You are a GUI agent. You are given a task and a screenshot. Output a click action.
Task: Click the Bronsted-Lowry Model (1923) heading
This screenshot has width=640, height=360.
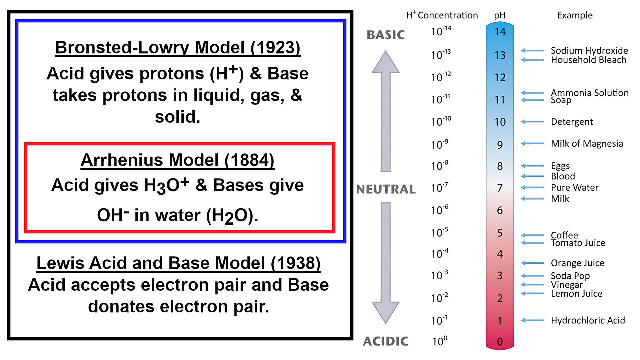178,47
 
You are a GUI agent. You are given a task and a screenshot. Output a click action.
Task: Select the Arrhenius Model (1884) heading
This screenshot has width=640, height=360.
177,160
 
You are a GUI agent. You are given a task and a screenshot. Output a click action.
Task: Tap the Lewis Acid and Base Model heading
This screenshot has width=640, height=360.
178,263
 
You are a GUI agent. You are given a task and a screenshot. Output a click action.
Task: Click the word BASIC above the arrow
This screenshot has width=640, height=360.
385,35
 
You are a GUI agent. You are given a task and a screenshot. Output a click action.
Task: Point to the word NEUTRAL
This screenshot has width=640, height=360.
385,189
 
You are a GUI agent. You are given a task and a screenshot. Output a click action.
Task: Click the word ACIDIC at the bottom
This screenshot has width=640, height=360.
385,342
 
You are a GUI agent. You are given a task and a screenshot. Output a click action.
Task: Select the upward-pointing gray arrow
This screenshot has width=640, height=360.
385,110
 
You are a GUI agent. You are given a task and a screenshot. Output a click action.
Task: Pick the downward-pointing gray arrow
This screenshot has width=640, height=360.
385,265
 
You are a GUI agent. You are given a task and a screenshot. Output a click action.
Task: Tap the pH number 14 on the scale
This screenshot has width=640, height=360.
500,32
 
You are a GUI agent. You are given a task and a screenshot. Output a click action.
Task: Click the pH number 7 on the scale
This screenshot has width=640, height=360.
500,188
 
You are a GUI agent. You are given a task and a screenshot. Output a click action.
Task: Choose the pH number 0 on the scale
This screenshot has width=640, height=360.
500,342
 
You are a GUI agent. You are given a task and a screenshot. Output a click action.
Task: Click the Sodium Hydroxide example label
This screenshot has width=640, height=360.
589,51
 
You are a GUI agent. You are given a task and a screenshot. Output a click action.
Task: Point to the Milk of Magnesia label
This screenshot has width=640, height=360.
587,144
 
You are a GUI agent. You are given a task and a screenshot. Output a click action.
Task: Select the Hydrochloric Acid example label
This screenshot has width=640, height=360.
588,320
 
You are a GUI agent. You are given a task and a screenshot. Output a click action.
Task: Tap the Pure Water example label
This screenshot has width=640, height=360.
574,188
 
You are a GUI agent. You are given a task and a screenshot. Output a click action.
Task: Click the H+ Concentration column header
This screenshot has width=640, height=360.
442,15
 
